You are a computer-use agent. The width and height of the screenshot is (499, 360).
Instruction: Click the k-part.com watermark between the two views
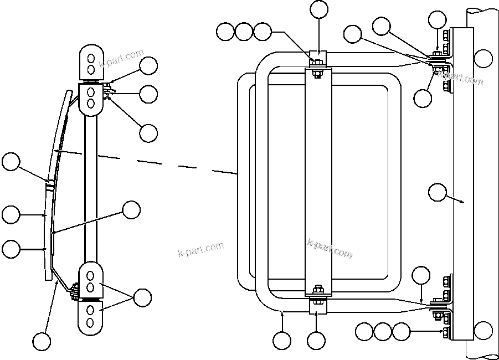click(x=200, y=249)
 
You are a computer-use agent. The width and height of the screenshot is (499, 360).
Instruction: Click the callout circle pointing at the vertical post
click(x=438, y=192)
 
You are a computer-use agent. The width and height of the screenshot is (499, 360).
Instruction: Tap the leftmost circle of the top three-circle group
click(x=225, y=32)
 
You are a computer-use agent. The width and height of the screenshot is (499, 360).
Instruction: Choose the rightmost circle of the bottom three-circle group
click(x=401, y=332)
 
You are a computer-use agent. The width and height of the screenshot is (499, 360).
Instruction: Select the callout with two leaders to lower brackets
click(x=142, y=297)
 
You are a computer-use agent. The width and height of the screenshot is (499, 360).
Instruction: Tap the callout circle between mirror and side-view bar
click(x=131, y=210)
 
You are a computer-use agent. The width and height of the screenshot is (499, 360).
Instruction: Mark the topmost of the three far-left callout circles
click(x=11, y=162)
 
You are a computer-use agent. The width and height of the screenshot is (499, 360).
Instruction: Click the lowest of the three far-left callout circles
click(x=11, y=249)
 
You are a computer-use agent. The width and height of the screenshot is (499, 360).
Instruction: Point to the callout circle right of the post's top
click(x=483, y=58)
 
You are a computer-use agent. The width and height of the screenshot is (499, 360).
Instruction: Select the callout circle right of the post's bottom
click(x=483, y=330)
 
